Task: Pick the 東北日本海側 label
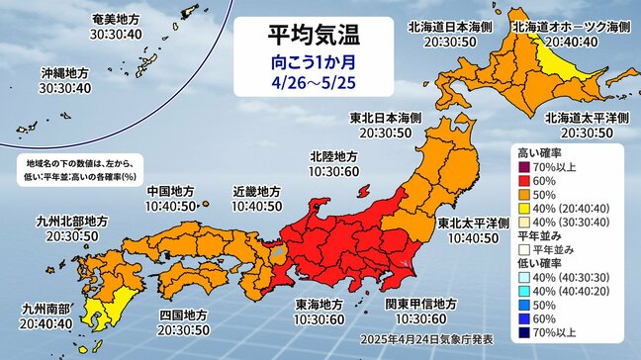pos(386,118)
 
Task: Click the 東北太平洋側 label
pos(474,224)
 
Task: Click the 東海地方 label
pos(321,306)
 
